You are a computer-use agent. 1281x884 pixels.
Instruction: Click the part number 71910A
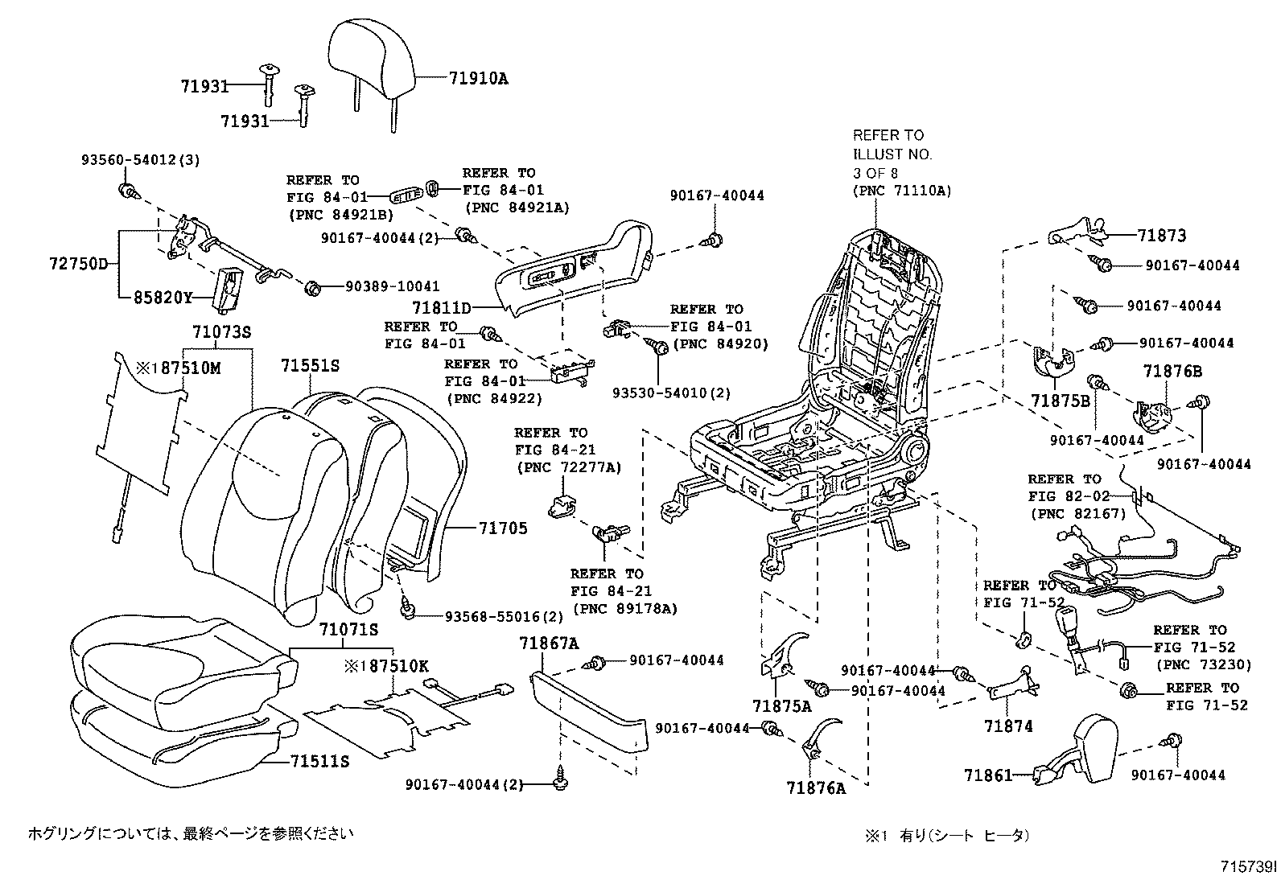(478, 79)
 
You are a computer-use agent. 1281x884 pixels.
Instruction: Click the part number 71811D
(441, 307)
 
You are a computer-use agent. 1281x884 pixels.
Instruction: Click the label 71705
(503, 528)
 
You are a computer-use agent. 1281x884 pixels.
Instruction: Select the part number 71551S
(310, 366)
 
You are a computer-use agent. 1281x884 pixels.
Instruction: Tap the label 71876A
(816, 788)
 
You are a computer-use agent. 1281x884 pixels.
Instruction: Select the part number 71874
(1008, 726)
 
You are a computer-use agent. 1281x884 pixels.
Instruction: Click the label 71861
(987, 775)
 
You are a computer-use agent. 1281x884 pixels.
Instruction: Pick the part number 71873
(1162, 236)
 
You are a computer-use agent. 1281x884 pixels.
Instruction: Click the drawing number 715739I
(1247, 867)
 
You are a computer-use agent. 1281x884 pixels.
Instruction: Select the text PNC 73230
(1204, 664)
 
